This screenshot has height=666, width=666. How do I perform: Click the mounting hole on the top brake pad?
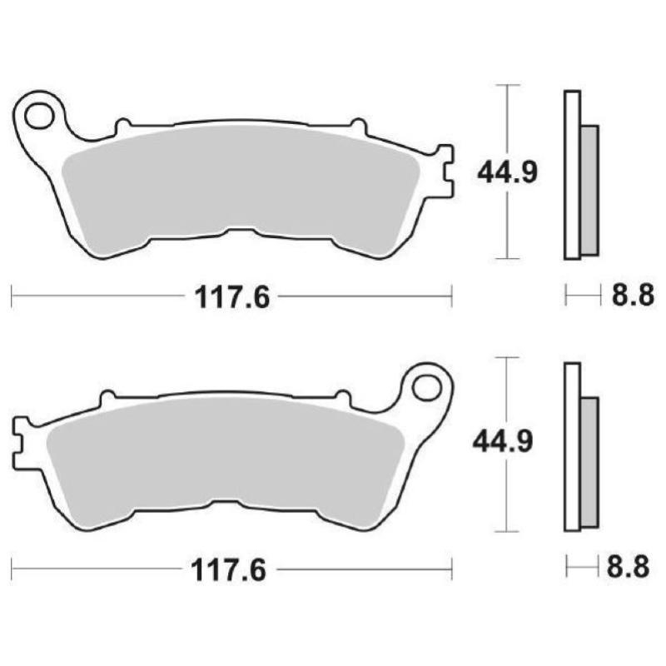pos(38,117)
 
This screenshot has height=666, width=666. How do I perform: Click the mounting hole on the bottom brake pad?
pos(425,389)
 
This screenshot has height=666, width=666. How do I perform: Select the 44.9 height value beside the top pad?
pos(508,172)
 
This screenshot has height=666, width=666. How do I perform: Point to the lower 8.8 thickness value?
pos(628,569)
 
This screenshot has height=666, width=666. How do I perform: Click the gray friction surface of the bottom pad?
pos(225,458)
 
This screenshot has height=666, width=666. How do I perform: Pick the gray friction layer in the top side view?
pos(589,190)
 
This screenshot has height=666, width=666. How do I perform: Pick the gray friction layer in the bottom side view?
pos(589,463)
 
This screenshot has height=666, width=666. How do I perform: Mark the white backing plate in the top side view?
pos(571,175)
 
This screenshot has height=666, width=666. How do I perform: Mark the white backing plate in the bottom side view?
pos(571,448)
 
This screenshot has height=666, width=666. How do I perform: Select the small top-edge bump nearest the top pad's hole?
pos(122,127)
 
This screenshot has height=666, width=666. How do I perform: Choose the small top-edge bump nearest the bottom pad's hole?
pos(342,399)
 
